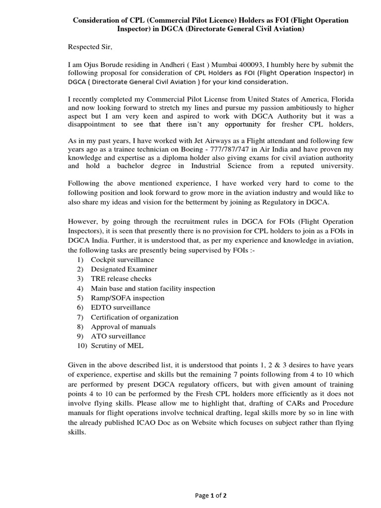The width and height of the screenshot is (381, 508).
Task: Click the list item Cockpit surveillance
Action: click(122, 259)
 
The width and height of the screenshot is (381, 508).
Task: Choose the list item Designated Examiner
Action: click(124, 269)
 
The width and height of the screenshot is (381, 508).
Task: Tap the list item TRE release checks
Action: click(121, 278)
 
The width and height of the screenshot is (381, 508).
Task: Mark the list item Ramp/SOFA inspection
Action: click(127, 298)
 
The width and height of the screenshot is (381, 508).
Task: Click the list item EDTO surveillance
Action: click(120, 307)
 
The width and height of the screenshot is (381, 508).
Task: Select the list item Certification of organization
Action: click(134, 317)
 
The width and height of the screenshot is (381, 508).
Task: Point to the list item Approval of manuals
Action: click(123, 326)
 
